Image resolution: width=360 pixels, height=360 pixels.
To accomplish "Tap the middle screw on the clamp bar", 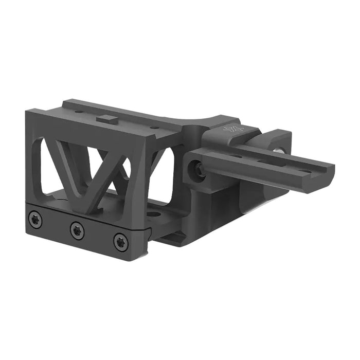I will tap(77, 231).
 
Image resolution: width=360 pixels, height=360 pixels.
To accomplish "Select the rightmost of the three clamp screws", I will tap(120, 242).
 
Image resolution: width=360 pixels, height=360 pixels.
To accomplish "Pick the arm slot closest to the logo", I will tap(236, 155).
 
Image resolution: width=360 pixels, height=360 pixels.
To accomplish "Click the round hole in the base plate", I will tap(153, 213).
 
